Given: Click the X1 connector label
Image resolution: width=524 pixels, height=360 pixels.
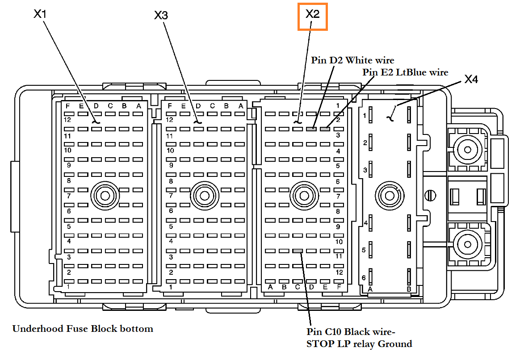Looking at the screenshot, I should pos(40,14).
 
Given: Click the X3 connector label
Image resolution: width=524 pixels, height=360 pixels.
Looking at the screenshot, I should pos(161,15).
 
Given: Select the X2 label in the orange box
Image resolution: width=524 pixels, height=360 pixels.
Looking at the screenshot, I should pos(313,14).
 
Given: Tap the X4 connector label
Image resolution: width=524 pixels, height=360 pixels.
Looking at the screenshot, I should pos(471,80).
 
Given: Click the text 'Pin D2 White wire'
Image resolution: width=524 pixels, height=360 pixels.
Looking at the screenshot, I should pos(352,60).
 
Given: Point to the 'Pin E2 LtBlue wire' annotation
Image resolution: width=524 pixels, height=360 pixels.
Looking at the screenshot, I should pos(405,72).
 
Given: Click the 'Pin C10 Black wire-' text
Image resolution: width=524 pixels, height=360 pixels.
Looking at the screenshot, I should pos(351,332).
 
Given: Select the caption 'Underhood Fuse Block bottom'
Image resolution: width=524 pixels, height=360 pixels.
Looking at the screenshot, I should pos(83,329).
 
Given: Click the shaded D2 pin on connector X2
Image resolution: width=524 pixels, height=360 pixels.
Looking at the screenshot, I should pos(311,129).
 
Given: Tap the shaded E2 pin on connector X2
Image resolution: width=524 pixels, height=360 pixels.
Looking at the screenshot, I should pos(325,129).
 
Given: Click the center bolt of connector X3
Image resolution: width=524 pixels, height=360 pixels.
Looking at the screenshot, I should pos(205,195).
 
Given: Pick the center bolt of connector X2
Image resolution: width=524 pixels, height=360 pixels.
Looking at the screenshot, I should pos(304,195).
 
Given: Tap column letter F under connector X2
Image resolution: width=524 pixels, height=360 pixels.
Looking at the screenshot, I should pos(339,287).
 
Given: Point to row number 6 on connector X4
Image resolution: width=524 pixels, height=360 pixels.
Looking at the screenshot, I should pos(364,278).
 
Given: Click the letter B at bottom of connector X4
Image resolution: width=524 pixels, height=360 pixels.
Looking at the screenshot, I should pos(409,289).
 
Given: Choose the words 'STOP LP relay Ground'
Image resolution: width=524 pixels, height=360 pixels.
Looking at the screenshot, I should pos(359,344).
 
